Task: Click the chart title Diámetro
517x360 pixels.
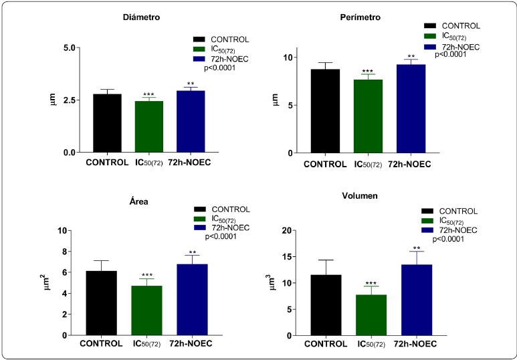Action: [x=140, y=17]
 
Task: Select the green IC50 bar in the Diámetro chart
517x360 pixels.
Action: [x=148, y=126]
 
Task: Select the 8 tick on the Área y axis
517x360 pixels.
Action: [x=68, y=252]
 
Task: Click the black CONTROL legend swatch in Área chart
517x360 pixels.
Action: [x=199, y=210]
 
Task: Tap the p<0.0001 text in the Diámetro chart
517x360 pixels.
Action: [x=215, y=68]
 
